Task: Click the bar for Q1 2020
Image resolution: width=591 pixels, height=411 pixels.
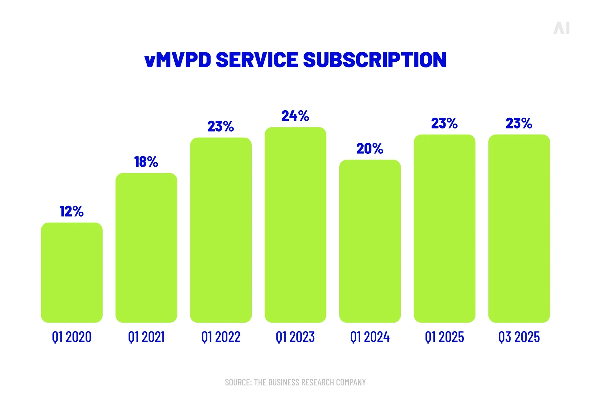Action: pyautogui.click(x=71, y=272)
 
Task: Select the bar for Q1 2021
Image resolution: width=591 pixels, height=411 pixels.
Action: pyautogui.click(x=146, y=248)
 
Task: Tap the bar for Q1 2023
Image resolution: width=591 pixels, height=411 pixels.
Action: pyautogui.click(x=295, y=225)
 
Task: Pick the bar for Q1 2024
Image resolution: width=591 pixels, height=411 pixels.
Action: pyautogui.click(x=370, y=241)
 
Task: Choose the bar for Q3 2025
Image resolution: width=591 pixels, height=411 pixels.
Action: pyautogui.click(x=519, y=228)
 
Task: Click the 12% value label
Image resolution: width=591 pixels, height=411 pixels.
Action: pyautogui.click(x=71, y=211)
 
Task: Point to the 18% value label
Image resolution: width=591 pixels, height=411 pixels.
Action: pyautogui.click(x=146, y=162)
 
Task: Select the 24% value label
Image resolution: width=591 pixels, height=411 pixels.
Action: pyautogui.click(x=295, y=116)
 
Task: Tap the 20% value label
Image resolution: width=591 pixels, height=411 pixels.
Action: pyautogui.click(x=370, y=149)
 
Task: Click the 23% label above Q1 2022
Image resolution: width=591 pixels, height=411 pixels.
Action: pyautogui.click(x=221, y=126)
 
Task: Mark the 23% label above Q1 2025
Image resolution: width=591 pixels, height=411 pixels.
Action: pyautogui.click(x=444, y=123)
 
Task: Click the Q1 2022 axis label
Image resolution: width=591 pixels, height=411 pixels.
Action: pyautogui.click(x=221, y=337)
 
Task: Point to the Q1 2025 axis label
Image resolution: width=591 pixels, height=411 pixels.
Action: pyautogui.click(x=444, y=337)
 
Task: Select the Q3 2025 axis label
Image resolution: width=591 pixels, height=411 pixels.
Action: pyautogui.click(x=519, y=337)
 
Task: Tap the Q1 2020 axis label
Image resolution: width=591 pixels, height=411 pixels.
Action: pyautogui.click(x=71, y=337)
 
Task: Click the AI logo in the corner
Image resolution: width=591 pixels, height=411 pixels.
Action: pyautogui.click(x=561, y=28)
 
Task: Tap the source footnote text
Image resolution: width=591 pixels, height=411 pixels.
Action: pyautogui.click(x=295, y=382)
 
